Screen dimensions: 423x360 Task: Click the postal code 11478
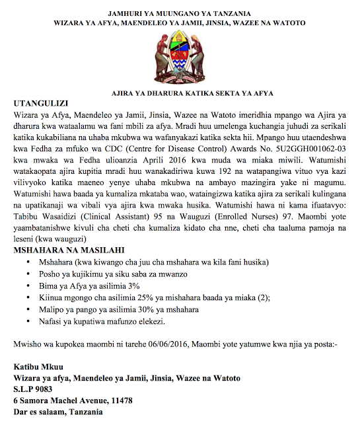(118, 400)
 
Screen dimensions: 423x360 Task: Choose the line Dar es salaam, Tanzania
(58, 412)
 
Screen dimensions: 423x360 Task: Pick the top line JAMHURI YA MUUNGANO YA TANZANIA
(180, 13)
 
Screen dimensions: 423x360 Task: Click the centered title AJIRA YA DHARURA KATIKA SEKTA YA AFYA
(180, 93)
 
